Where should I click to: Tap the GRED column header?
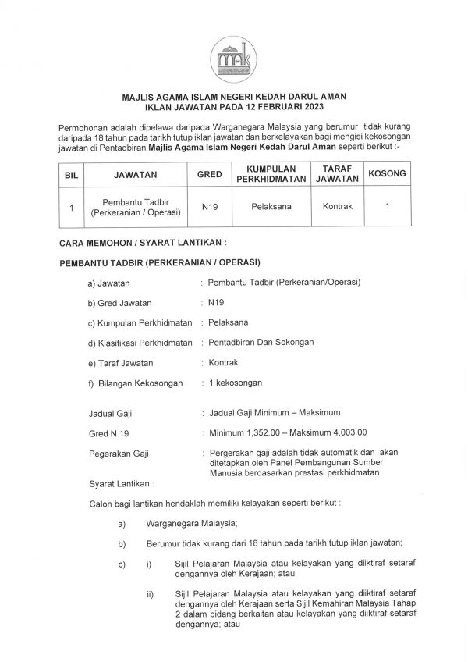point(209,176)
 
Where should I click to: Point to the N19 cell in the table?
point(209,207)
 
